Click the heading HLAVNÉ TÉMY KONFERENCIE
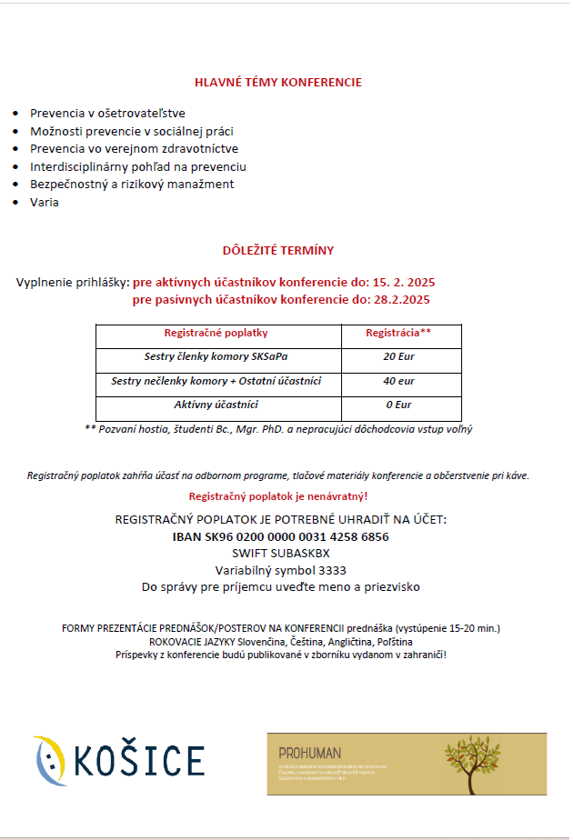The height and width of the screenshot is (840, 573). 277,83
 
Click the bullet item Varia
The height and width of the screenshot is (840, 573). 45,203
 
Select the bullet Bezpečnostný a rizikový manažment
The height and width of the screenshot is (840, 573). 132,185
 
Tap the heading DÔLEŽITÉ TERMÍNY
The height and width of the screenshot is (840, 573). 277,250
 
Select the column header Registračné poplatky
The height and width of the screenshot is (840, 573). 216,334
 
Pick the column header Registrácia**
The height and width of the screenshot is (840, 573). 397,334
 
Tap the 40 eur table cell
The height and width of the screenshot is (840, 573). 397,382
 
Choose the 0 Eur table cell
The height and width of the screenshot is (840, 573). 397,405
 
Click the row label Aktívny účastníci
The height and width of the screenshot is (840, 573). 216,405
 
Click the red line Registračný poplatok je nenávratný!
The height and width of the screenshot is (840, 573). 277,496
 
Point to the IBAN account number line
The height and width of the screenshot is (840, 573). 280,537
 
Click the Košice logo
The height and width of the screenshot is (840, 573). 118,760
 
